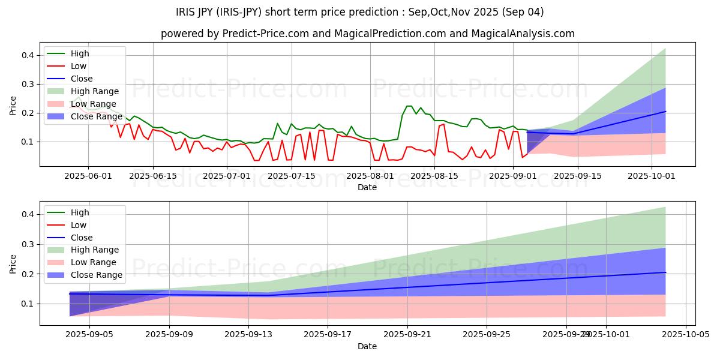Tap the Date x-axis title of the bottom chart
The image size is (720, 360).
[367, 347]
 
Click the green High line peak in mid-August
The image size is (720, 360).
[409, 106]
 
